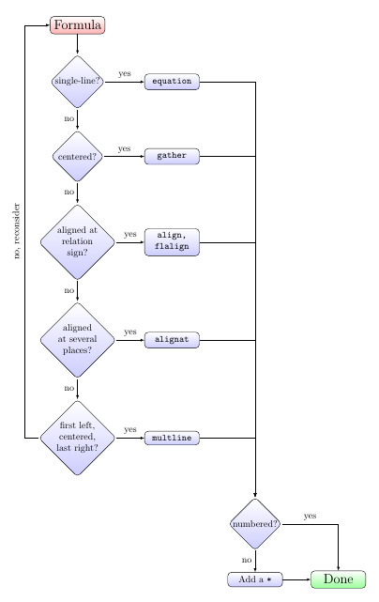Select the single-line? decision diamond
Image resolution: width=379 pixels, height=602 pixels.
77,82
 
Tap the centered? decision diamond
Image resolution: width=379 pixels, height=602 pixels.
77,156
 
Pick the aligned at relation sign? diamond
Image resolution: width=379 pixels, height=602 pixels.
77,242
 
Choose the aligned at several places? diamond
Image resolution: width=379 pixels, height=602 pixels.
77,339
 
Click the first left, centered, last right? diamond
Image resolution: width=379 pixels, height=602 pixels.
77,438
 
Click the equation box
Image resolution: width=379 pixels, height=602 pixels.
172,82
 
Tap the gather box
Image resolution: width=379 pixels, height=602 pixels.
172,156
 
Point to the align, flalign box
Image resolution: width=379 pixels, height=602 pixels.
172,242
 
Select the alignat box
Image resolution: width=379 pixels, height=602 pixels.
172,339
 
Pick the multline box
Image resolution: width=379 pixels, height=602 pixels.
172,438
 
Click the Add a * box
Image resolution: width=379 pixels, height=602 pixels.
255,579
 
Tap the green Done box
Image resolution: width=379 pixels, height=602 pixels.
338,579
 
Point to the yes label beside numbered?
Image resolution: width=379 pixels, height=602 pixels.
310,516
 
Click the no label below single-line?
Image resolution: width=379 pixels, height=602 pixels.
68,119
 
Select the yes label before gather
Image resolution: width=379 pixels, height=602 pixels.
124,148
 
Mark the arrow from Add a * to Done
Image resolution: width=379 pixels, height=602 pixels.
296,579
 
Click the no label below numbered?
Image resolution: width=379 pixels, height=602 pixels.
247,560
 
